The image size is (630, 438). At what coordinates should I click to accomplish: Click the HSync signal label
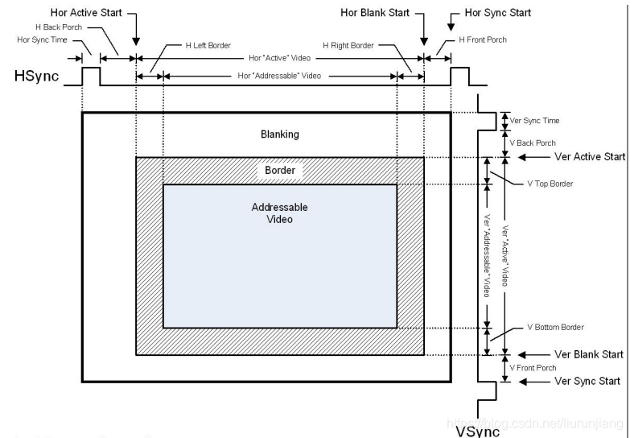click(36, 76)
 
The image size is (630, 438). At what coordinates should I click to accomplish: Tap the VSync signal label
click(478, 432)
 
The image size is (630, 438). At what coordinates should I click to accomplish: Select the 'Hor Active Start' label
click(86, 13)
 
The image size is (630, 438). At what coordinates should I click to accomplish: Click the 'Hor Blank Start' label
click(375, 13)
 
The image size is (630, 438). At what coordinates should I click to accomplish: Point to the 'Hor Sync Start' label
click(498, 13)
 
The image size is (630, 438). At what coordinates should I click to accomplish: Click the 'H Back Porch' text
click(59, 27)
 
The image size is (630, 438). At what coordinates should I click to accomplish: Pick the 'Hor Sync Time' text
click(42, 39)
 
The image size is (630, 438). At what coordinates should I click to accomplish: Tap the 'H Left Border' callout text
click(208, 45)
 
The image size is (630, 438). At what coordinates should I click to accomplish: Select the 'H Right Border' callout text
click(348, 45)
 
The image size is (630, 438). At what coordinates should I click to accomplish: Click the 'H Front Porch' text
click(483, 39)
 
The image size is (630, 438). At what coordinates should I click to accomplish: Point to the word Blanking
click(280, 134)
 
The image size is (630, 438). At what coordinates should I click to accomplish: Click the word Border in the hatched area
click(280, 170)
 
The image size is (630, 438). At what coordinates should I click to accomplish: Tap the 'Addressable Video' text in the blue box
click(280, 213)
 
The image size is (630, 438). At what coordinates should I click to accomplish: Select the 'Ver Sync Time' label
click(534, 121)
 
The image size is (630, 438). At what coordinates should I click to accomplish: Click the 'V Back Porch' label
click(533, 143)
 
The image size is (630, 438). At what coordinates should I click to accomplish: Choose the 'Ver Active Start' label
click(590, 157)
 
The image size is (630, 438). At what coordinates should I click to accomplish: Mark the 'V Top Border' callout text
click(550, 184)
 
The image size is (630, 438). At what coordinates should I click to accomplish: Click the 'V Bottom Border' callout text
click(555, 328)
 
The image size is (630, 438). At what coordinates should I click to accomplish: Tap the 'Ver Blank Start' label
click(589, 354)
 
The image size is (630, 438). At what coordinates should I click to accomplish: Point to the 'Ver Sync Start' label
click(587, 381)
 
